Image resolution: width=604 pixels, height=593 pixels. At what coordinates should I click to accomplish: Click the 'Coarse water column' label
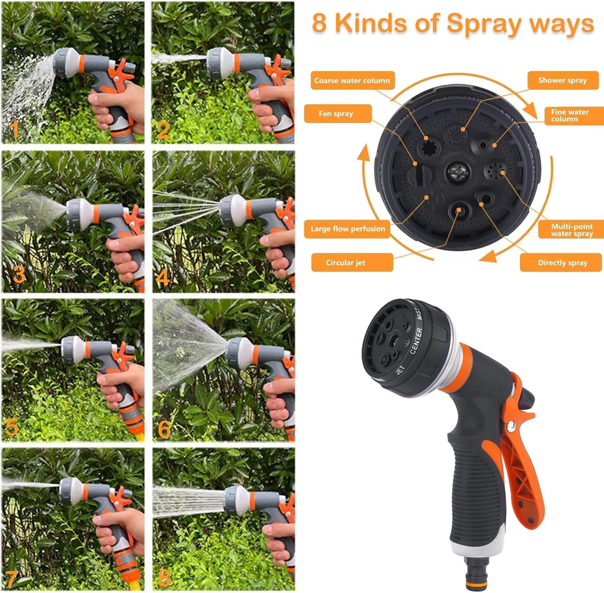tap(352, 81)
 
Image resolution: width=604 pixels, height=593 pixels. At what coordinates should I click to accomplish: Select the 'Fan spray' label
tap(337, 114)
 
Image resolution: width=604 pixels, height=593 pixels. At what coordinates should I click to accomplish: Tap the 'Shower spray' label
tap(563, 81)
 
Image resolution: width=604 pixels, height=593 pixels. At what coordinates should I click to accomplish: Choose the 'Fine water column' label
tap(570, 116)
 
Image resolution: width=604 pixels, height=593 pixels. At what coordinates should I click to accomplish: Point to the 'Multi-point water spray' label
tap(571, 229)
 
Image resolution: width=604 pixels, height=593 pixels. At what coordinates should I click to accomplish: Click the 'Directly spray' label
tap(563, 263)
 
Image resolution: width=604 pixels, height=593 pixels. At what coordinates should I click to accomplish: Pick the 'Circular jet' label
tap(345, 263)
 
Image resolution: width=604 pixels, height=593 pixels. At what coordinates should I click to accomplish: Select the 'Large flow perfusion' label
tap(348, 229)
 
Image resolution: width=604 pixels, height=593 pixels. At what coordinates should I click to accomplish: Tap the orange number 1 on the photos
tap(14, 130)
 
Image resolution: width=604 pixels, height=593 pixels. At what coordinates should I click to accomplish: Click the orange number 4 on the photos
tap(163, 278)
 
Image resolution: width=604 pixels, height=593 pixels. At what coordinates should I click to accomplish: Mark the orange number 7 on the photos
tap(11, 579)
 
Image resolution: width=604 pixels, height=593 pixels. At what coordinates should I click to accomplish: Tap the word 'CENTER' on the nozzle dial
tap(416, 341)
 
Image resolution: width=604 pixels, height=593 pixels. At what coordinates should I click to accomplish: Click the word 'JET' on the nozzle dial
tap(400, 370)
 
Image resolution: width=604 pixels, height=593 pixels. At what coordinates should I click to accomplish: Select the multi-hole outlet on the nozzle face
tap(494, 172)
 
